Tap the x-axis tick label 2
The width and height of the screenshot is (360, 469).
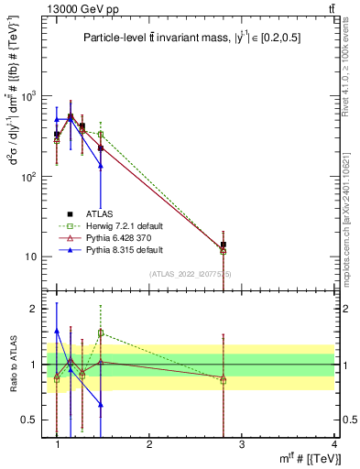tap(149, 444)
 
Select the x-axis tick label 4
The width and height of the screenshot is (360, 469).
tap(333, 444)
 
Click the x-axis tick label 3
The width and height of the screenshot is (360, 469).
tap(241, 444)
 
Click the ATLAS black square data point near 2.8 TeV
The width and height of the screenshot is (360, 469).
tap(223, 245)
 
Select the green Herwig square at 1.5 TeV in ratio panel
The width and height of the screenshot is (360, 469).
tap(101, 333)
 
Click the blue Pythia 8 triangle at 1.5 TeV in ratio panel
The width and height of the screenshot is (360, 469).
tap(101, 404)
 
